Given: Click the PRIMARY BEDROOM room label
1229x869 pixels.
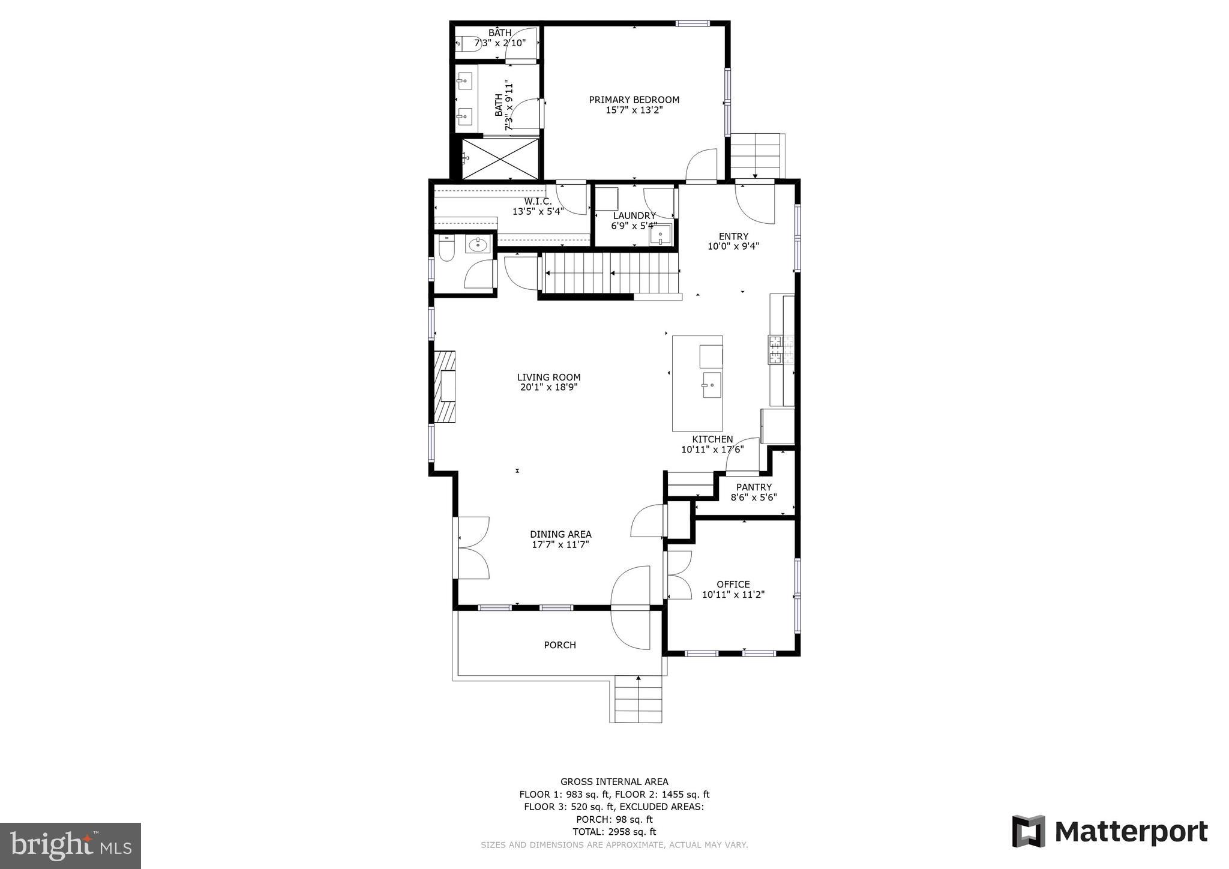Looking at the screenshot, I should click(x=634, y=100).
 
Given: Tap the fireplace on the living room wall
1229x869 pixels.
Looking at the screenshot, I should click(x=445, y=387).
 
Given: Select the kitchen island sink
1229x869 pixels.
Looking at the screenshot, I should click(x=711, y=384).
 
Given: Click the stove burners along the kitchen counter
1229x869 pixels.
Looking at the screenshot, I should click(x=781, y=350).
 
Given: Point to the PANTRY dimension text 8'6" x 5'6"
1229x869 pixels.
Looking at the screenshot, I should click(x=754, y=498).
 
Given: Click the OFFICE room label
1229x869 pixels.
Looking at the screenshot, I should click(x=733, y=584).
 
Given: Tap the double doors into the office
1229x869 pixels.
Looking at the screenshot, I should click(x=678, y=575).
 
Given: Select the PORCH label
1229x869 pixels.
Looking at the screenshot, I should click(x=559, y=645).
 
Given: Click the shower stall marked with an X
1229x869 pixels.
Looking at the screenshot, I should click(x=501, y=158).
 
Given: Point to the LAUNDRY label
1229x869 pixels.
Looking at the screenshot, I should click(x=634, y=215).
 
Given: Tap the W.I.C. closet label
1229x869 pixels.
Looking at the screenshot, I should click(x=538, y=202).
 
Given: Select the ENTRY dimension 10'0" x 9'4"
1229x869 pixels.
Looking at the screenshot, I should click(x=733, y=246).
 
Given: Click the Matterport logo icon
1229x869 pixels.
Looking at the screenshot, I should click(x=1029, y=831).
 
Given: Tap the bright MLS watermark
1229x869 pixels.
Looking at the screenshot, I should click(x=70, y=846).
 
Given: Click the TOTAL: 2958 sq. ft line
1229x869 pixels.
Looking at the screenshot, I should click(x=614, y=832).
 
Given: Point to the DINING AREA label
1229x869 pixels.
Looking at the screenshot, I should click(x=560, y=534).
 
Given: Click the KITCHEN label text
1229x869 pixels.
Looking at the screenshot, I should click(x=712, y=439).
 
